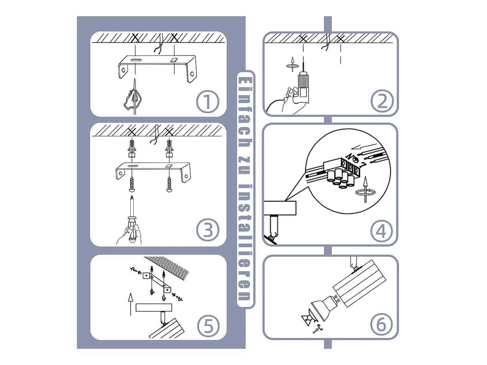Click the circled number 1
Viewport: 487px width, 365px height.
pos(207,102)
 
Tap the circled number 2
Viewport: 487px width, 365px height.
pos(382,101)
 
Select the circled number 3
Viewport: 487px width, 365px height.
pos(208,230)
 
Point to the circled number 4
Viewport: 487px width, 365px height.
pos(381,231)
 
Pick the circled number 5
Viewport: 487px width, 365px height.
pos(208,326)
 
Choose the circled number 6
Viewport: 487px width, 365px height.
pos(381,324)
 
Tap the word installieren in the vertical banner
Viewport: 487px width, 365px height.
pos(245,242)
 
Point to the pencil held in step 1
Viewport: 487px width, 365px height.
pos(135,96)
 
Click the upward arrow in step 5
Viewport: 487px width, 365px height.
pos(131,304)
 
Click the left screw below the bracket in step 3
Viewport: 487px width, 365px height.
pos(132,184)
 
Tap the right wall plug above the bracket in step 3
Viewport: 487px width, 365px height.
pos(169,148)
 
